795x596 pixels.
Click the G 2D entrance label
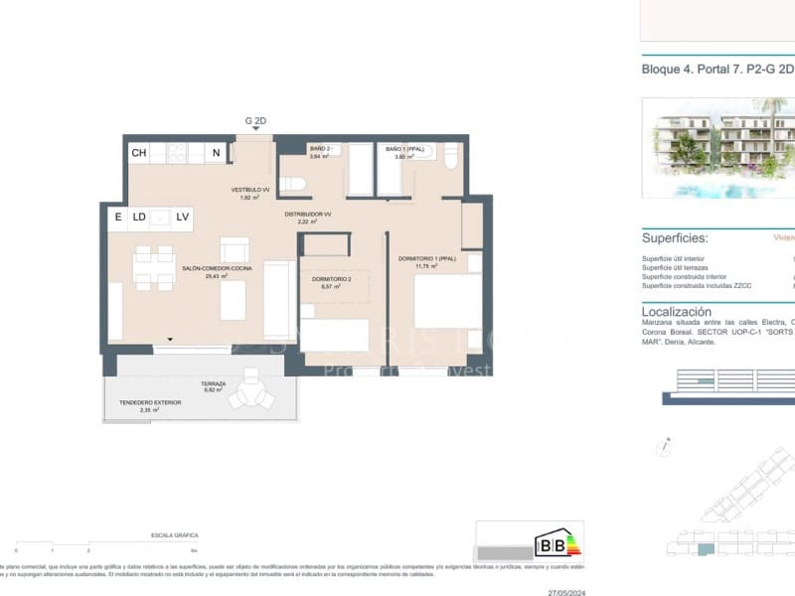tap(255, 120)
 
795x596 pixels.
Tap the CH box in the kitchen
tap(139, 153)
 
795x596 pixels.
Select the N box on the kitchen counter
tap(216, 153)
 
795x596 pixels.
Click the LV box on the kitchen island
tap(182, 217)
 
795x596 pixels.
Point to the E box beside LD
tap(117, 217)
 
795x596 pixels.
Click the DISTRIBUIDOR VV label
tap(307, 215)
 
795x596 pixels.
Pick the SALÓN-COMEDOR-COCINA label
tap(211, 268)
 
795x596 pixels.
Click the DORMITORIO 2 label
tap(332, 281)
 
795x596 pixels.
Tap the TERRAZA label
tap(213, 383)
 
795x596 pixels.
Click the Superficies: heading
tap(675, 239)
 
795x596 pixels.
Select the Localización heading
tap(677, 311)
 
